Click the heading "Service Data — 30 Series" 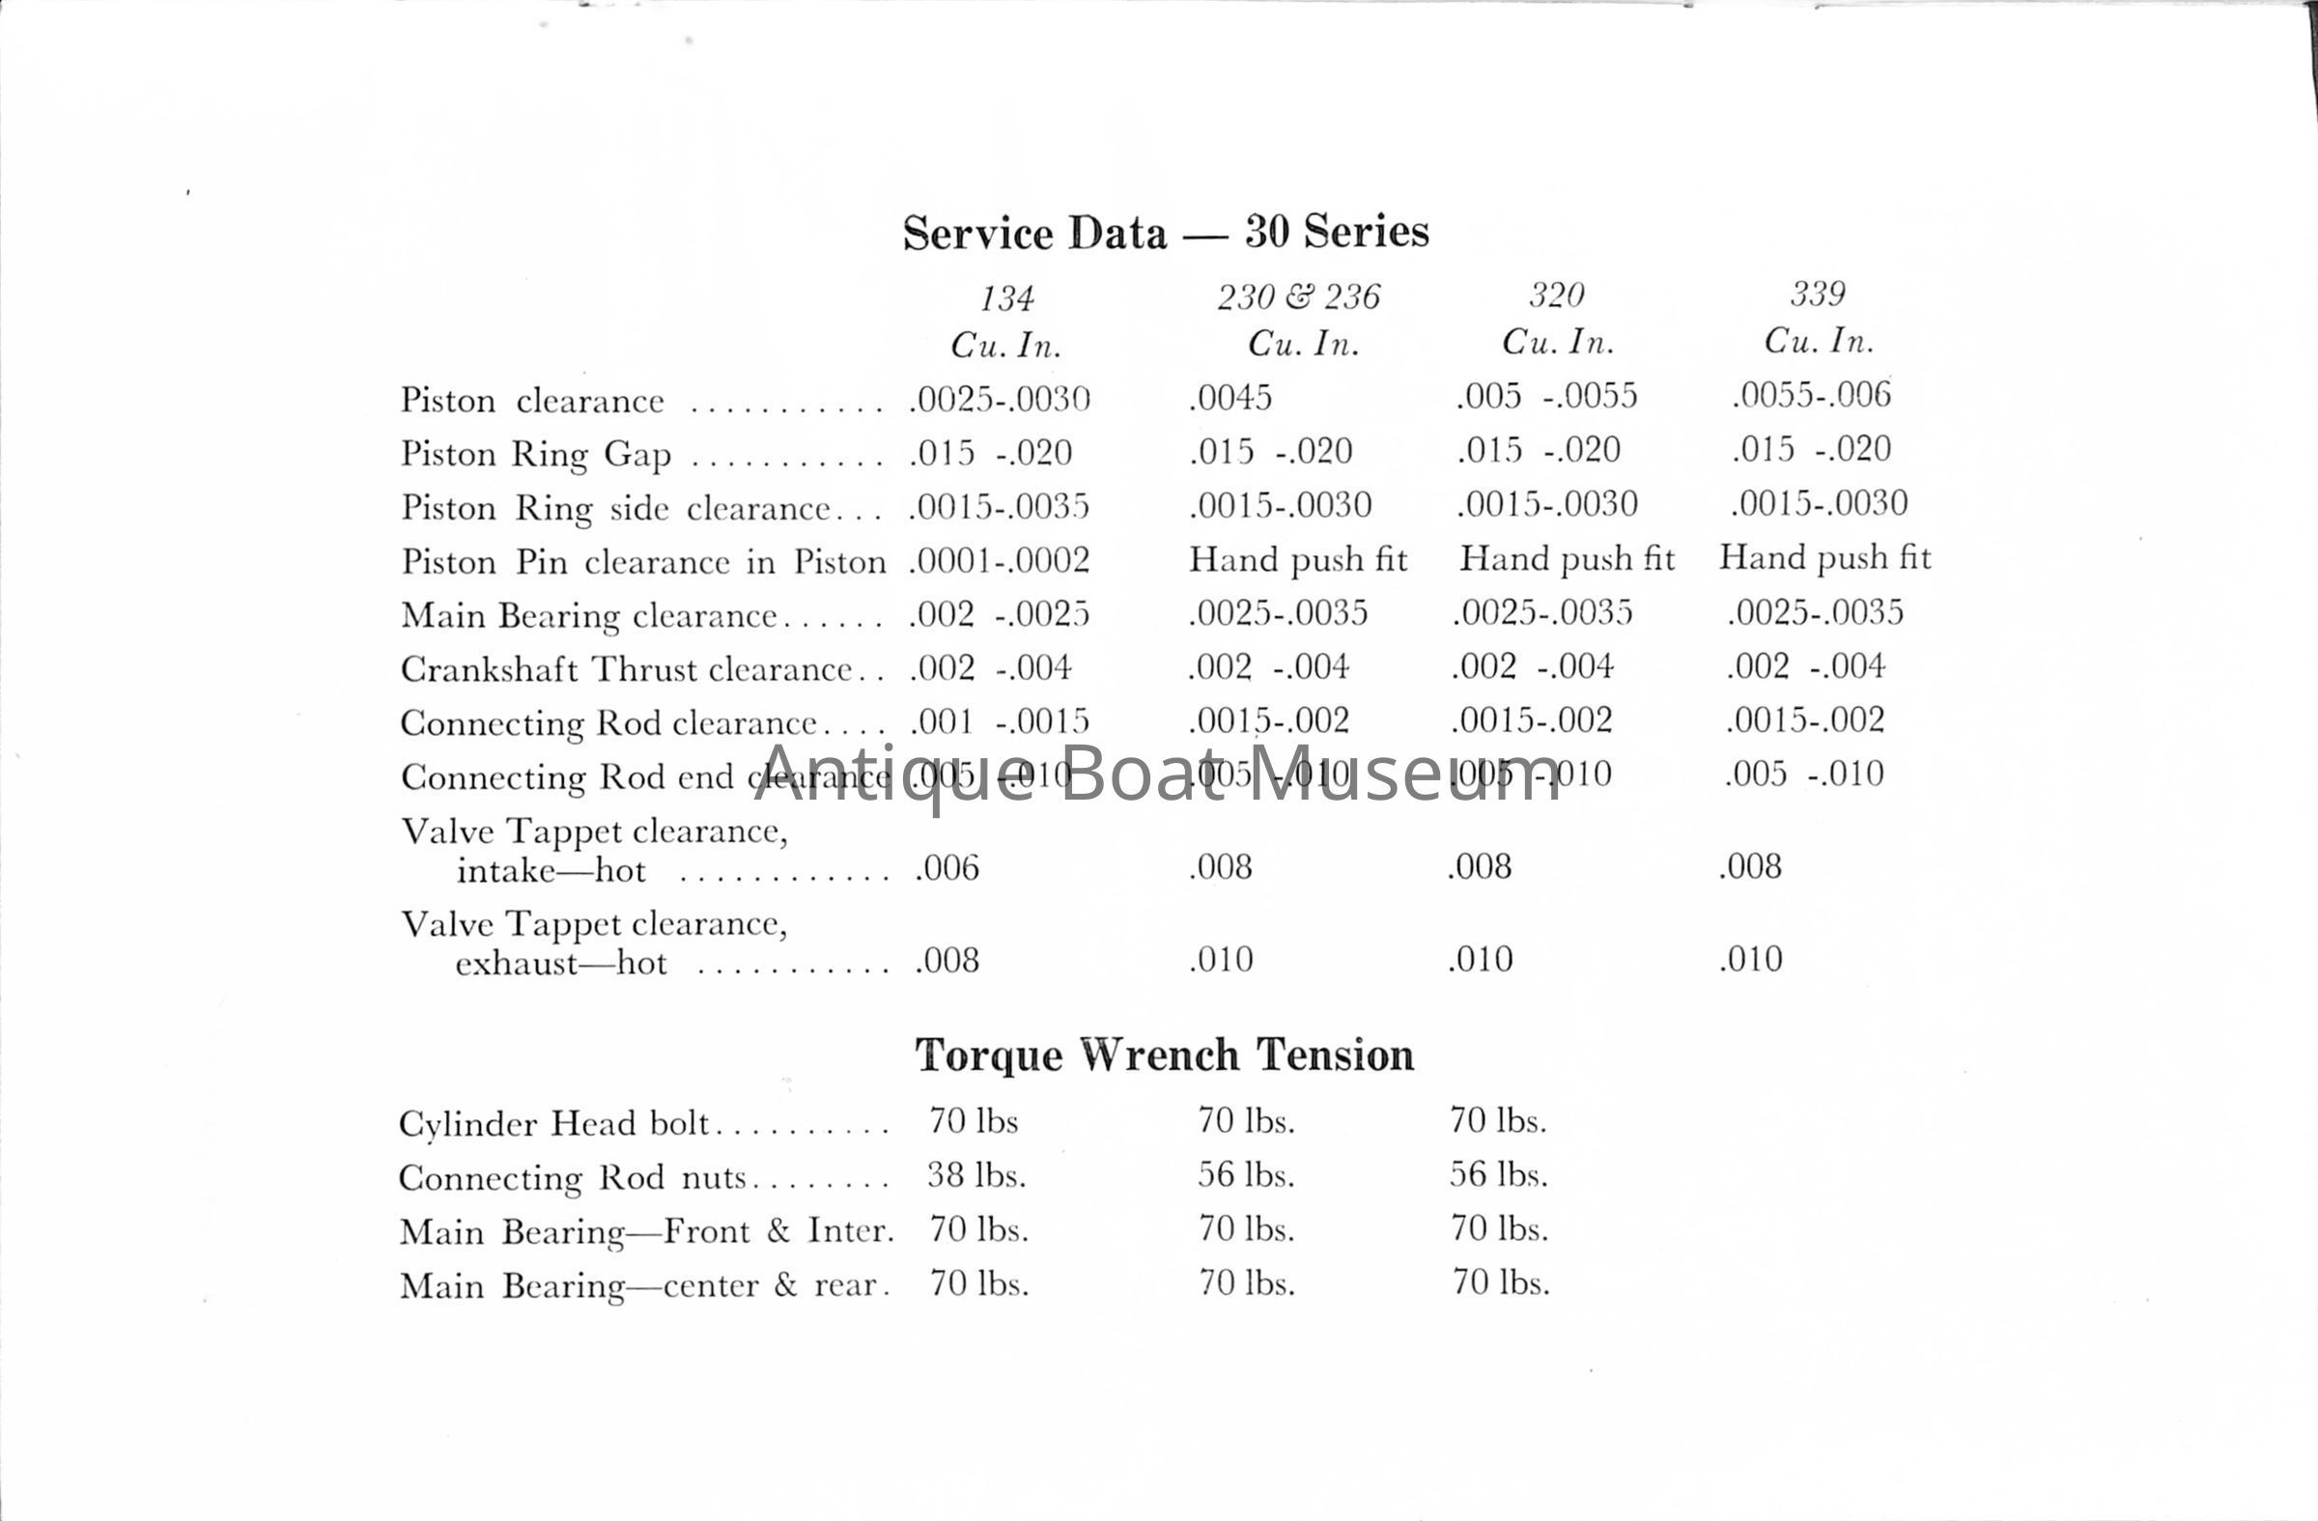coord(1165,233)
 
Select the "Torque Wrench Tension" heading coord(1164,1056)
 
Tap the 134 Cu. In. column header coord(1006,321)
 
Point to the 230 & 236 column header coord(1299,319)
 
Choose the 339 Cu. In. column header coord(1819,317)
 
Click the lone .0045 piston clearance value coord(1230,397)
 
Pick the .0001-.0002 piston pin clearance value coord(1000,560)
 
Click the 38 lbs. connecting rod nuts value coord(975,1175)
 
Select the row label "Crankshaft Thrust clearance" coord(626,669)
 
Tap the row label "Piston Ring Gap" coord(536,454)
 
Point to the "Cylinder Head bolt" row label coord(553,1124)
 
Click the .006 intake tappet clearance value coord(947,867)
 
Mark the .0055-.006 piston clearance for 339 coord(1812,394)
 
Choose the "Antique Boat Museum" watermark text coord(1158,775)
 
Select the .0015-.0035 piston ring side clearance coord(1000,506)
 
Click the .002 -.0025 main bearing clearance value coord(1000,614)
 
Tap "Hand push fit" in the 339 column coord(1824,558)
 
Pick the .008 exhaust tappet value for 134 coord(947,960)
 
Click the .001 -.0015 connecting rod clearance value coord(1000,721)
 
